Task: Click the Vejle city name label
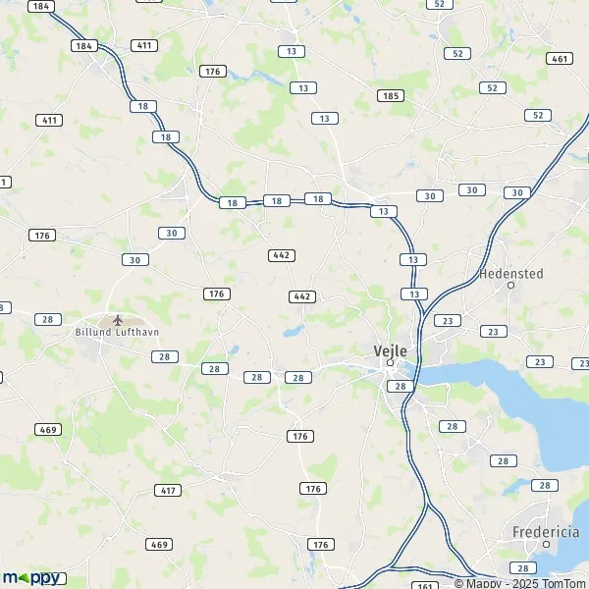390,349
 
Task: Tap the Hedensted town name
509,273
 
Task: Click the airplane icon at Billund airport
119,320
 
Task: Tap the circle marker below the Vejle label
390,362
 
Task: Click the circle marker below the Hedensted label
510,285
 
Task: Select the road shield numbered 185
390,95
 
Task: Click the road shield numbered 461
560,59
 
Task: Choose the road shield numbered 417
169,490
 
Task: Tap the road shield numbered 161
425,586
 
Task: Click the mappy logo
31,577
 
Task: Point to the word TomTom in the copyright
562,583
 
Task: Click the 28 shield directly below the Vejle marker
401,387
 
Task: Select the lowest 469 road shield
158,544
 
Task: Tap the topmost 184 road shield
40,6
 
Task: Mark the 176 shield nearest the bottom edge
320,544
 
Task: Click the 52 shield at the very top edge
439,4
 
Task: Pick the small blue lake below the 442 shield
293,332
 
